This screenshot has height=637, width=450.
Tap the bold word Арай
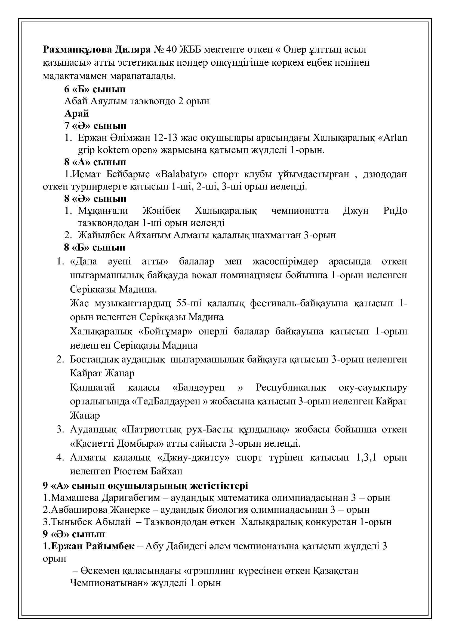pos(76,114)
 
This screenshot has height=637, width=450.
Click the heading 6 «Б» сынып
pos(95,89)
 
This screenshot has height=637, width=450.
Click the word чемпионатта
pos(300,211)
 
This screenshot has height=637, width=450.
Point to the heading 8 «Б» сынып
pos(95,247)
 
